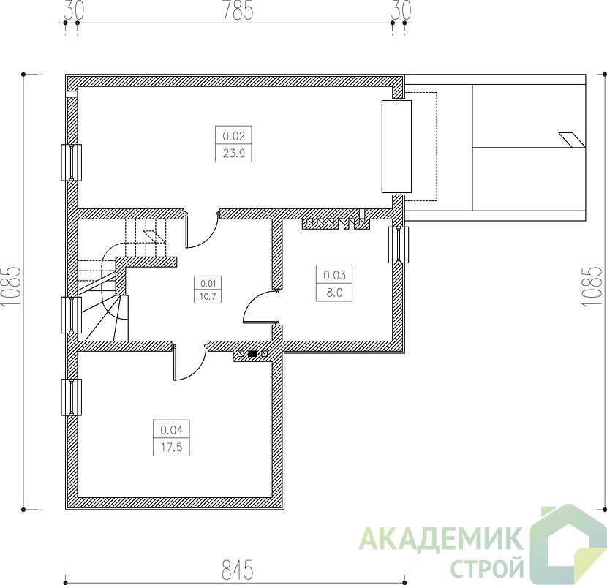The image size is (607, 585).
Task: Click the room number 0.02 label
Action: coord(233,136)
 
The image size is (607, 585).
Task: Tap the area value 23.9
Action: coord(233,154)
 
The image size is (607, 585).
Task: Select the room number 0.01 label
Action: coord(208,284)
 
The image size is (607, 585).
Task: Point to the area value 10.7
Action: coord(208,297)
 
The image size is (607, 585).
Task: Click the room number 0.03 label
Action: coord(334,275)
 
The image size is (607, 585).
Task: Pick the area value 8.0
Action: coord(334,292)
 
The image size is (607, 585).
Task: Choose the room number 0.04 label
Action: coord(171,430)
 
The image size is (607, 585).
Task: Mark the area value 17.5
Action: coord(171,448)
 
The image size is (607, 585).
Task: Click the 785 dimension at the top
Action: coord(238,10)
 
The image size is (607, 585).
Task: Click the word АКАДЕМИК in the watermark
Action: coord(440,538)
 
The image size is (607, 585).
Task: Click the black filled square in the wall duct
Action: coord(253,353)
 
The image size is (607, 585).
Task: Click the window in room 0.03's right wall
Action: coord(399,245)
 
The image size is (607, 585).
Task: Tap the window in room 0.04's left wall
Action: coord(71,397)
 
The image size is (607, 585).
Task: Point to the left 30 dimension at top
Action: coord(74,10)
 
